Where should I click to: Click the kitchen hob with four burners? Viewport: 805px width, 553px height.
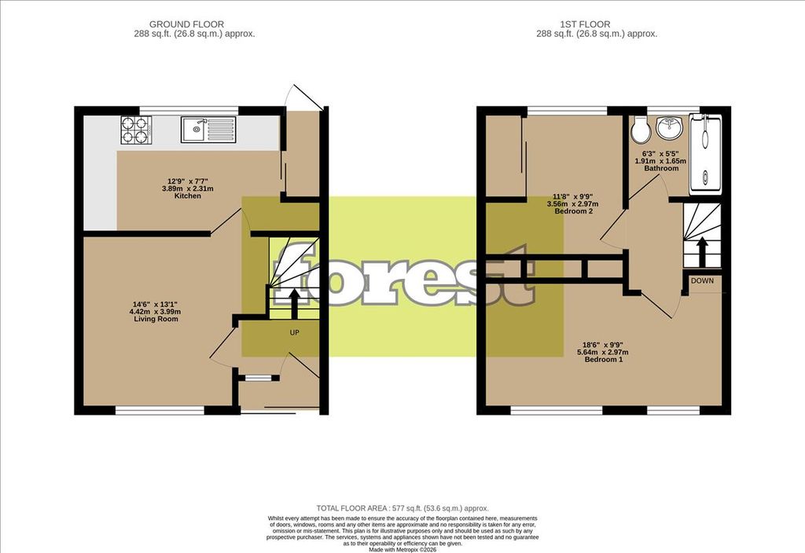tap(136, 130)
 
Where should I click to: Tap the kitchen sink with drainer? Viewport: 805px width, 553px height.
tap(208, 130)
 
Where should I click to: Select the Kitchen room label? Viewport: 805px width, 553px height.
tap(187, 196)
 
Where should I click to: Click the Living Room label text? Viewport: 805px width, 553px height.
tap(156, 319)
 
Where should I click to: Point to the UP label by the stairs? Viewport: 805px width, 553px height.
tap(294, 332)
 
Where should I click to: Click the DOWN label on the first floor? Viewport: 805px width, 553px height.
tap(702, 280)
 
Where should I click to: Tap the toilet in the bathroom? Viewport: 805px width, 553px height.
tap(640, 130)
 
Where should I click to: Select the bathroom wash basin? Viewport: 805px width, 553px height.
tap(670, 128)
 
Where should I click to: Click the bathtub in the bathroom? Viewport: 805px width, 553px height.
tap(705, 153)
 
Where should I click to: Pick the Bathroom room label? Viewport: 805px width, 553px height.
tap(661, 168)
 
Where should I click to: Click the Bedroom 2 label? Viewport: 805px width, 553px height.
tap(574, 211)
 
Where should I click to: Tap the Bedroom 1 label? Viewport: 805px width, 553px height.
tap(604, 360)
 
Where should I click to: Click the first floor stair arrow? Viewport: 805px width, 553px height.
tap(701, 252)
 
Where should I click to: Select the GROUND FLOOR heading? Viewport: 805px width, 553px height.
tap(186, 24)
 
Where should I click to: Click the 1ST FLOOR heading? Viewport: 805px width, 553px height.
tap(585, 24)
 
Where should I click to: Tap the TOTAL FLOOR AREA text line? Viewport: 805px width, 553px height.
tap(402, 508)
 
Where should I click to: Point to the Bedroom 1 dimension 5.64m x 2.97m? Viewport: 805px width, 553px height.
tap(604, 353)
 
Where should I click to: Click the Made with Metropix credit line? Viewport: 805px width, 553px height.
tap(402, 549)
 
